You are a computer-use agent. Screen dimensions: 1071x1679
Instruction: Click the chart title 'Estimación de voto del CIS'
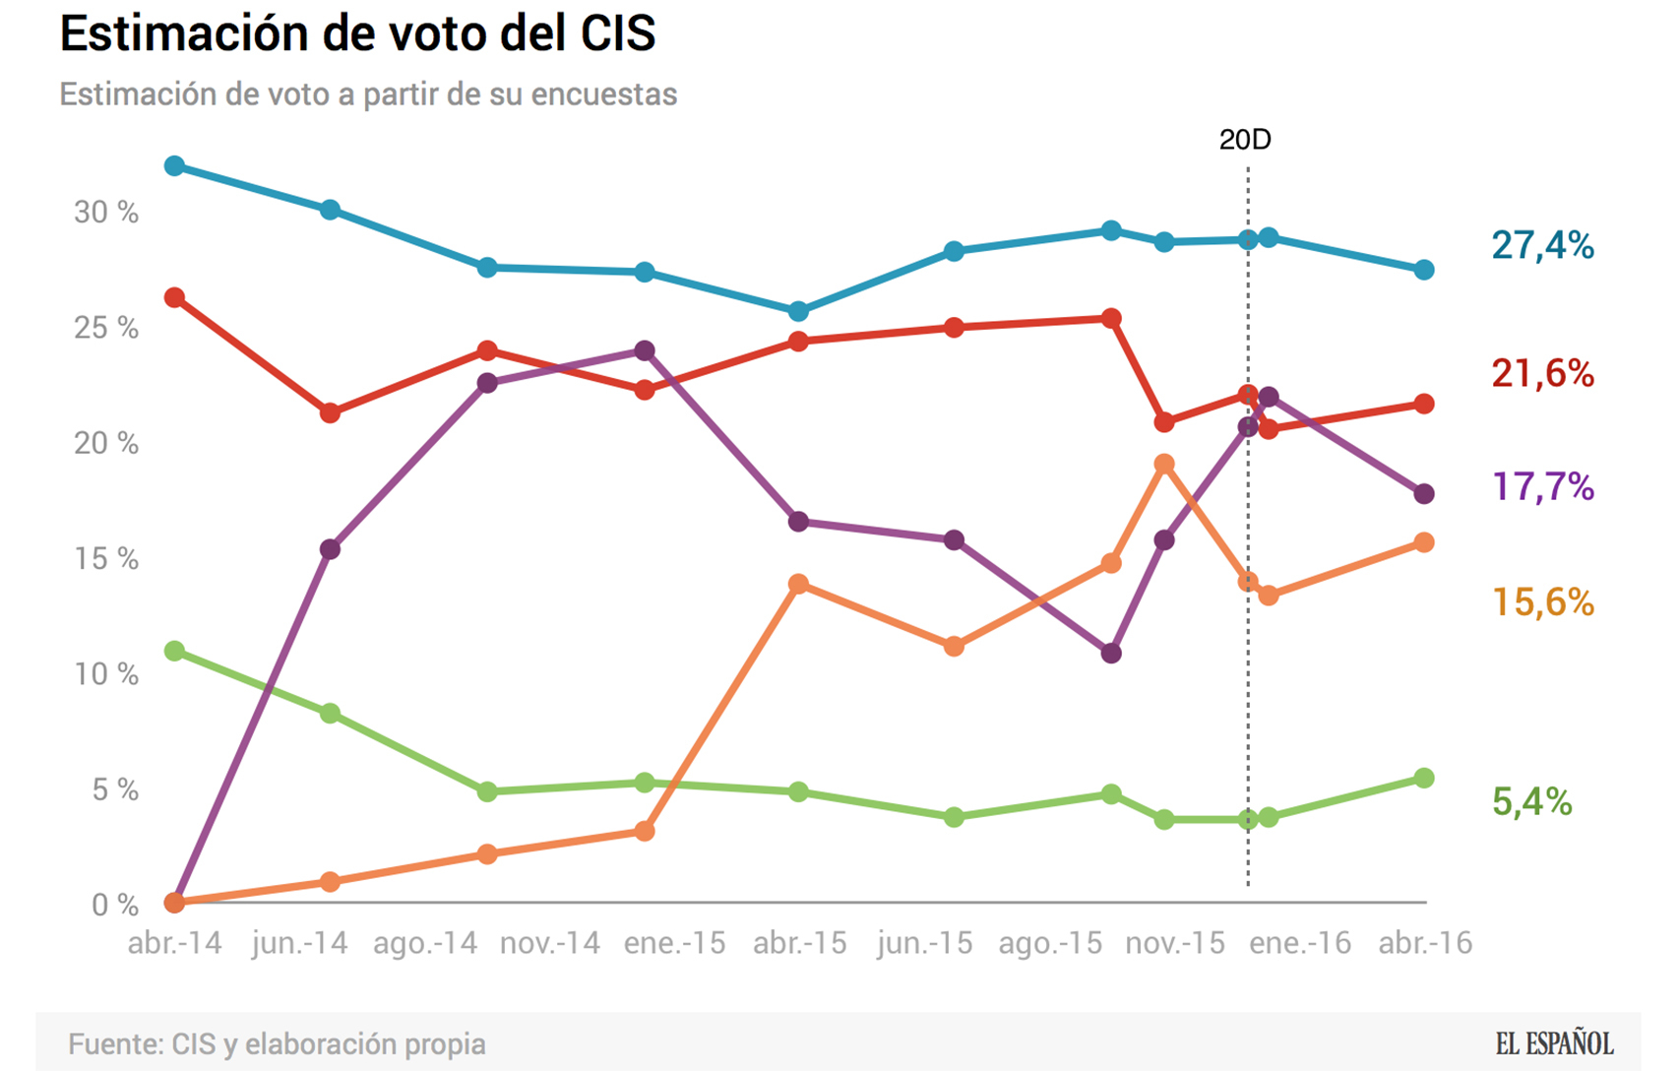(357, 33)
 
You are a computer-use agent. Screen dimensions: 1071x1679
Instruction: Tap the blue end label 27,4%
(1541, 245)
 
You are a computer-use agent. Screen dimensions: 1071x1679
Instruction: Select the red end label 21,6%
(1541, 374)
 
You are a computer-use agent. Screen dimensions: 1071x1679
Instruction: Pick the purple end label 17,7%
(1541, 487)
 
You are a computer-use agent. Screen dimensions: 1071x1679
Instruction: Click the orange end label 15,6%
(1541, 601)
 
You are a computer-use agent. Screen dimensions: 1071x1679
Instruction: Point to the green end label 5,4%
(1531, 802)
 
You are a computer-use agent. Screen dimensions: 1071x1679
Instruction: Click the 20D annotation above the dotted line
(1245, 140)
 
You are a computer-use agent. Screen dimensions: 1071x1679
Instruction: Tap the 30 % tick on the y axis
(106, 213)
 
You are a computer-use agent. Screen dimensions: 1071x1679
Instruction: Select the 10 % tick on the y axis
(106, 674)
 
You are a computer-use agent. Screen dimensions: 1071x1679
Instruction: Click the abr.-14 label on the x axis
(175, 943)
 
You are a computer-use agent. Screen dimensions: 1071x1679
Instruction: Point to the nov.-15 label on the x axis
(1175, 943)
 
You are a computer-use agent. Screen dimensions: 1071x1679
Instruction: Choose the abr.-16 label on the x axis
(1424, 943)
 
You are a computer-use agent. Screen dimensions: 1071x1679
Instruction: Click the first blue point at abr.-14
(175, 165)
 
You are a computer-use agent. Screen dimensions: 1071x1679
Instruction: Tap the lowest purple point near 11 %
(1111, 653)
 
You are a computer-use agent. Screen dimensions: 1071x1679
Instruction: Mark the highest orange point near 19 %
(1164, 464)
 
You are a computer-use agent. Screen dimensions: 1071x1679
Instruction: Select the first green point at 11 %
(175, 651)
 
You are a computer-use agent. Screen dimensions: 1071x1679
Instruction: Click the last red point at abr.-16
(1424, 404)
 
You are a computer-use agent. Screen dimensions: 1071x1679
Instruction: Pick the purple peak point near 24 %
(645, 350)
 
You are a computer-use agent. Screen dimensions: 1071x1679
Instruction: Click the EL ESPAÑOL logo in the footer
(1554, 1043)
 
